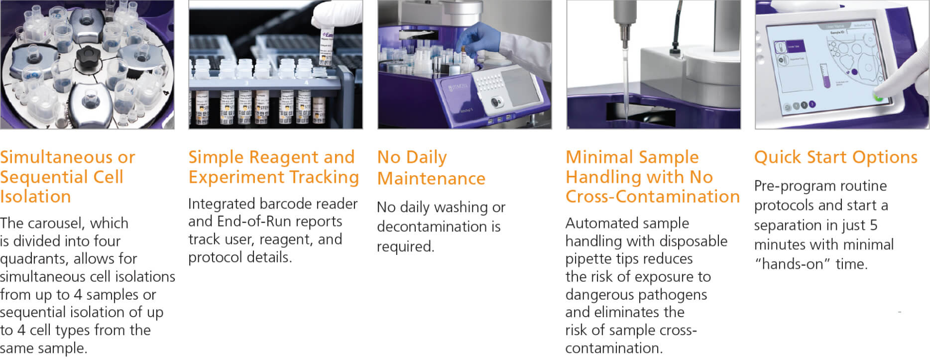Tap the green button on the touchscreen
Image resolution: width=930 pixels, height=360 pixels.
tap(878, 97)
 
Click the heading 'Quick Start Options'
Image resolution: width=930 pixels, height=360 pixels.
tap(835, 157)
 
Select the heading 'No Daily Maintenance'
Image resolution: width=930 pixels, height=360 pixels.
tap(431, 167)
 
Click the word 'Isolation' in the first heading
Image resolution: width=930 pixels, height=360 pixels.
tap(35, 196)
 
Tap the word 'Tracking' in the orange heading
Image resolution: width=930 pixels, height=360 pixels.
tap(324, 178)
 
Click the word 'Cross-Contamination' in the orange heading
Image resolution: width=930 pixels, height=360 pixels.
tap(653, 196)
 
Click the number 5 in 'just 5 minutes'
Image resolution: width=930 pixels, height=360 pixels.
tap(873, 225)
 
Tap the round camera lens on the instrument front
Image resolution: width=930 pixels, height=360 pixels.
tap(495, 102)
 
